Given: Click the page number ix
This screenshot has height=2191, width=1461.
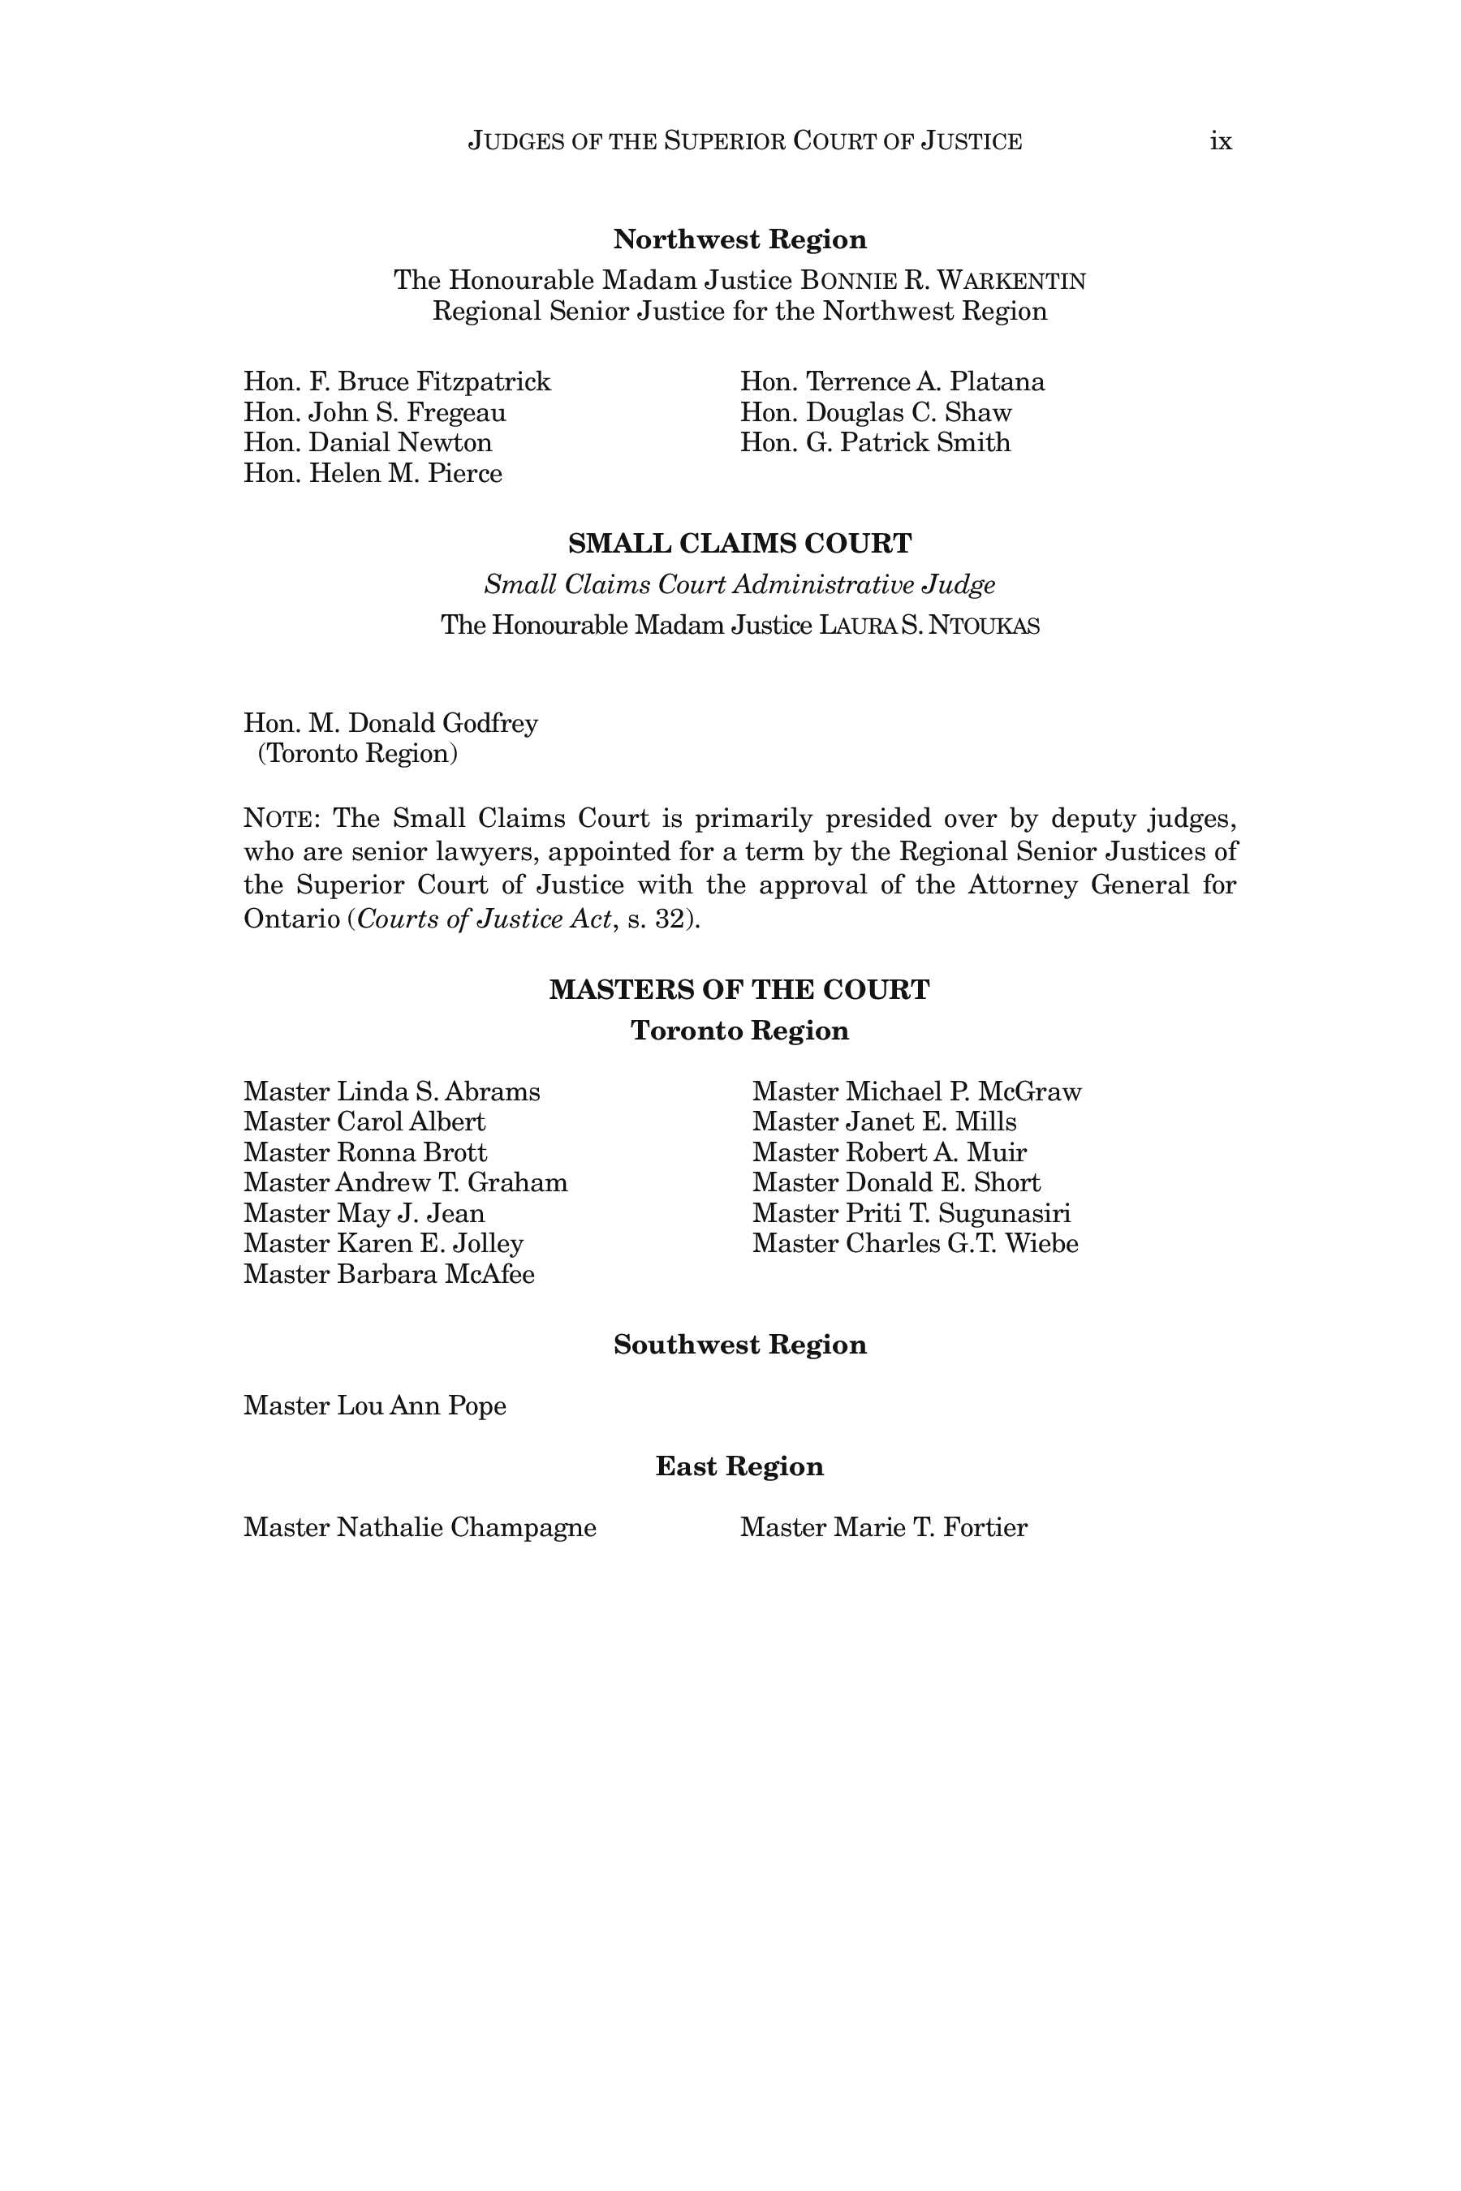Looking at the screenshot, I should (1221, 141).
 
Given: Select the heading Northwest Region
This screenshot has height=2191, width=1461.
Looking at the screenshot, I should (739, 239).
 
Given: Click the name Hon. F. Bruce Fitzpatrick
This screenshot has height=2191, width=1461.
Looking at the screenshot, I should (397, 382).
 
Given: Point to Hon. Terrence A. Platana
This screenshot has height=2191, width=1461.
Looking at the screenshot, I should (892, 382).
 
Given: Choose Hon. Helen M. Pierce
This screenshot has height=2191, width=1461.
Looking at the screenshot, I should (373, 473).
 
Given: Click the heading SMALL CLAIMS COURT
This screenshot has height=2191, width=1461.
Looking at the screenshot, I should (739, 543).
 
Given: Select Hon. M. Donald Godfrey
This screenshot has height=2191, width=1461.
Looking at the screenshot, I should (390, 723).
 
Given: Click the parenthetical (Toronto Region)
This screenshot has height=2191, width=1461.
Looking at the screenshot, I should (358, 753).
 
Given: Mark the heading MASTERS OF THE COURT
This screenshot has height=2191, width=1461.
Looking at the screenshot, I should (739, 989).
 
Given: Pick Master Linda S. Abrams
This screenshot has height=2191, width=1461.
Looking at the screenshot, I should (391, 1091).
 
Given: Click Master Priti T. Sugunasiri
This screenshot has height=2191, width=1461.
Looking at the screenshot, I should (912, 1213).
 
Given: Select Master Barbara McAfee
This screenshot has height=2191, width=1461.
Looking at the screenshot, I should (389, 1273).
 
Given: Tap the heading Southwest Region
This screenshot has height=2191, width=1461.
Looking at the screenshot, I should (739, 1345).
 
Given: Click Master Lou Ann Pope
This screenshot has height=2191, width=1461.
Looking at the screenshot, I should (374, 1405).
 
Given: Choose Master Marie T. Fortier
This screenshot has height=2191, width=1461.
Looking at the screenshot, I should (883, 1527).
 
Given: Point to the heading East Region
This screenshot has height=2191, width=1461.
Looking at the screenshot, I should (739, 1466).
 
